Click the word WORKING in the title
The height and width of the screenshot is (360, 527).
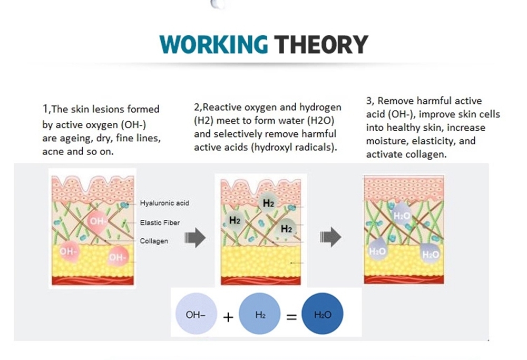tap(213, 44)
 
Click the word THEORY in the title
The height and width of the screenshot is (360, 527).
tap(321, 44)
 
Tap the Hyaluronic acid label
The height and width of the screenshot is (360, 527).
tap(164, 203)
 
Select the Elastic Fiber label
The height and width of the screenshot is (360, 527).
tap(160, 222)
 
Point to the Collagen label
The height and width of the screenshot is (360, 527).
tap(154, 241)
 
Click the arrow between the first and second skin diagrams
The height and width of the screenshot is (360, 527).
tap(195, 238)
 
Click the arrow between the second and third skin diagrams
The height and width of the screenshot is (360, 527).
tap(331, 237)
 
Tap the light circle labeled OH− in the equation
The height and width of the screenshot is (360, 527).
tap(196, 314)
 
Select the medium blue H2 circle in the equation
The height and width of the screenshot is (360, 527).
tap(259, 314)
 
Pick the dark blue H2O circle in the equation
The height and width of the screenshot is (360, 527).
tap(323, 314)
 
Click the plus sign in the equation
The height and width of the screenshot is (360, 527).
tap(228, 317)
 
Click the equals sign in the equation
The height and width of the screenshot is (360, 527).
tap(291, 317)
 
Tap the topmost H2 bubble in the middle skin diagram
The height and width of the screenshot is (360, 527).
tap(268, 203)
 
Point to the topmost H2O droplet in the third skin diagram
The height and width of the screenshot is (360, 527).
tap(402, 215)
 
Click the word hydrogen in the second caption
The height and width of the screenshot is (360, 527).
tap(320, 107)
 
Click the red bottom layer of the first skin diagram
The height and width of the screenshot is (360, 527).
tap(92, 280)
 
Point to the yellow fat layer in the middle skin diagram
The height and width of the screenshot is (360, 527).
tap(261, 261)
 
